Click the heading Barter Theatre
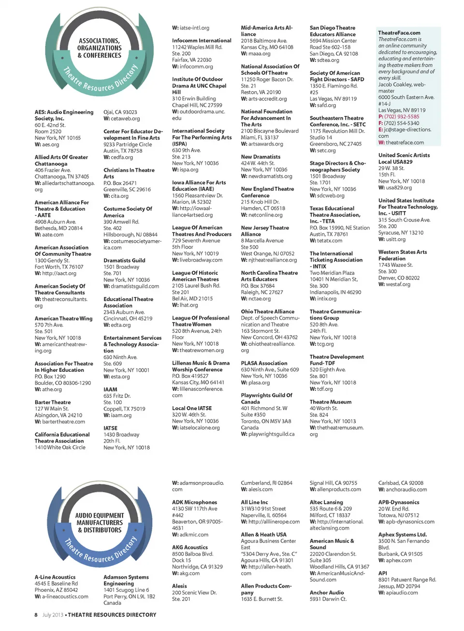coord(53,402)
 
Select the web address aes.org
coord(50,145)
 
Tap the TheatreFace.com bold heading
coord(399,33)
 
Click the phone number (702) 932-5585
coord(402,117)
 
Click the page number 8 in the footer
coord(36,615)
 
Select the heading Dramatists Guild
coord(124,260)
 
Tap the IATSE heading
coord(110,428)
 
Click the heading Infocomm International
coord(202,41)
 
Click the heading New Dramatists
coord(261,157)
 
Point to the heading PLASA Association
coord(264,363)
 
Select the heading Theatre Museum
coord(331,402)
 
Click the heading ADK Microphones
coord(194,502)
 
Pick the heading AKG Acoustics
coord(190,547)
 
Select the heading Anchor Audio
coord(327,592)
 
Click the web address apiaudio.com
coord(402,593)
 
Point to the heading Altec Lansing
coord(326,502)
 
